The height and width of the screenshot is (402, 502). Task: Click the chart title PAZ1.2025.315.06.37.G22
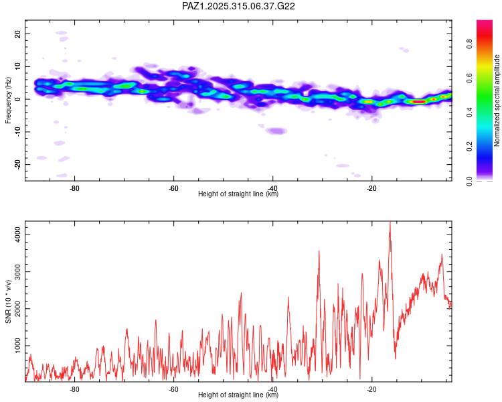[239, 6]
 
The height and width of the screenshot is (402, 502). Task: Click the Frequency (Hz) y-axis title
[9, 100]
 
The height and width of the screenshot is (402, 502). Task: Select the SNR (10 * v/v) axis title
[9, 301]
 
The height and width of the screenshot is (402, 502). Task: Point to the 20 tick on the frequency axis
[18, 33]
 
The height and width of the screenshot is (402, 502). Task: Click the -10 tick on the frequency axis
[18, 132]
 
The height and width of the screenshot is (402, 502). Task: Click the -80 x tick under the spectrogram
[75, 188]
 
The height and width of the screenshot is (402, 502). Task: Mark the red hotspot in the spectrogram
[418, 102]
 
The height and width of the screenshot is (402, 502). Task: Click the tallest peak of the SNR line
[390, 223]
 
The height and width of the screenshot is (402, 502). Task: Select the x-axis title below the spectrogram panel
[239, 194]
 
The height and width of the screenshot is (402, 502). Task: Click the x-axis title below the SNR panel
[239, 395]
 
